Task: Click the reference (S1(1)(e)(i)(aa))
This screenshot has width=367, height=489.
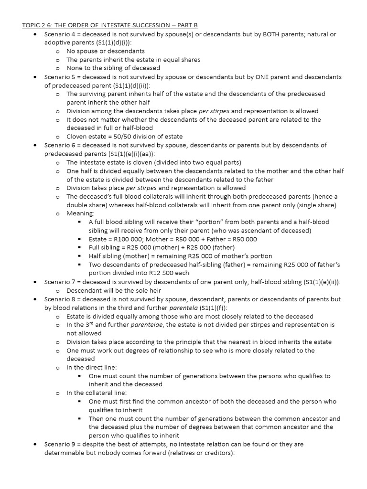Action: [134, 154]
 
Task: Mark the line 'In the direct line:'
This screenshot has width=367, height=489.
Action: [94, 367]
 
